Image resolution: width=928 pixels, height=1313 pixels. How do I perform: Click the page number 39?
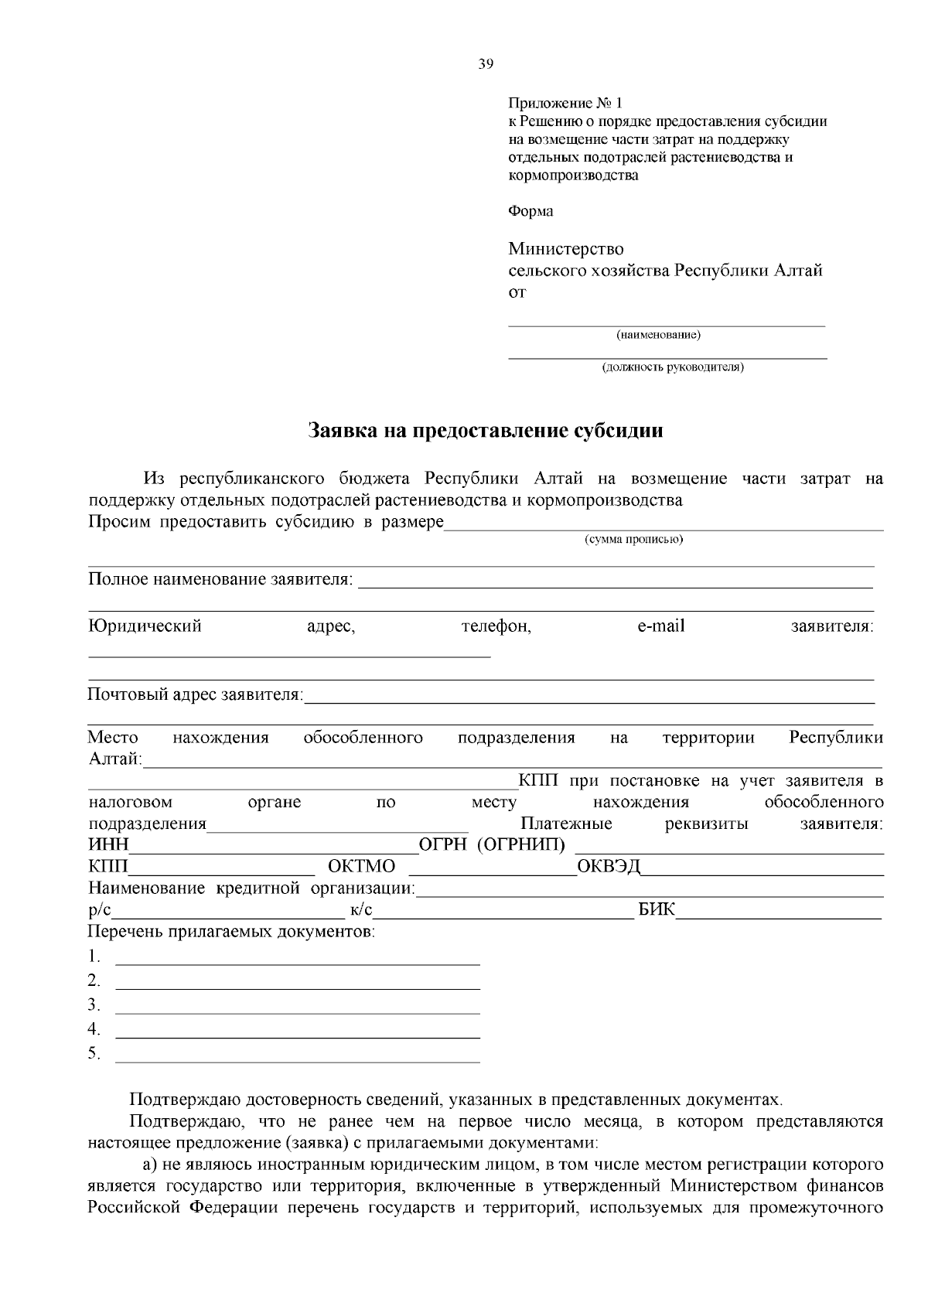point(486,65)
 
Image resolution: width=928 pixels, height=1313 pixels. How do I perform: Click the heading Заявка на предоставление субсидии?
point(486,431)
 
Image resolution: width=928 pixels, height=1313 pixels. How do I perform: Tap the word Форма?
point(531,211)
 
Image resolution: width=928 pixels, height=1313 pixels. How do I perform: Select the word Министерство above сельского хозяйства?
point(565,249)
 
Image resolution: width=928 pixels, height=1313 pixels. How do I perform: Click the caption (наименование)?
point(658,336)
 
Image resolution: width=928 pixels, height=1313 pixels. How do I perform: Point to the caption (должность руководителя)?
point(673,367)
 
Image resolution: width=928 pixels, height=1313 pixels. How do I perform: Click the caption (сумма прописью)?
point(633,540)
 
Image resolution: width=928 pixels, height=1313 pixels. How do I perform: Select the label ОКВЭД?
point(609,866)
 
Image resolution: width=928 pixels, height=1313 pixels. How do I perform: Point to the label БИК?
point(657,910)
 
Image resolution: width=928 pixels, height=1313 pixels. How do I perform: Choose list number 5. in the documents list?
point(94,1052)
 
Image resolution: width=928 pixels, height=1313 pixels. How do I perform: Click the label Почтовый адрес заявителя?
point(196,694)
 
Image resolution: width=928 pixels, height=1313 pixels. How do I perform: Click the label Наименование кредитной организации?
point(252,888)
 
